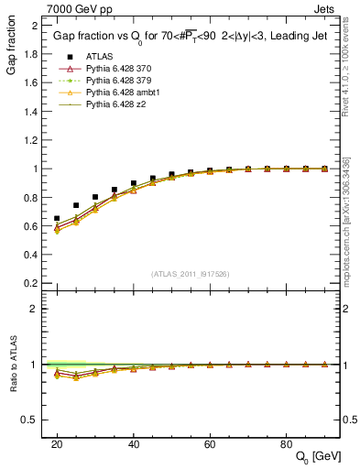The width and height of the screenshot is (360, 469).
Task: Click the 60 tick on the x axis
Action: [210, 442]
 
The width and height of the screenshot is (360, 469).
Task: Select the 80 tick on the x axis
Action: [286, 442]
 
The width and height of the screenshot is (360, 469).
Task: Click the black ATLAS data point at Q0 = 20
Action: [57, 218]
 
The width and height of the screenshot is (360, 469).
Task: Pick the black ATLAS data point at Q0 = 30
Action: [95, 197]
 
